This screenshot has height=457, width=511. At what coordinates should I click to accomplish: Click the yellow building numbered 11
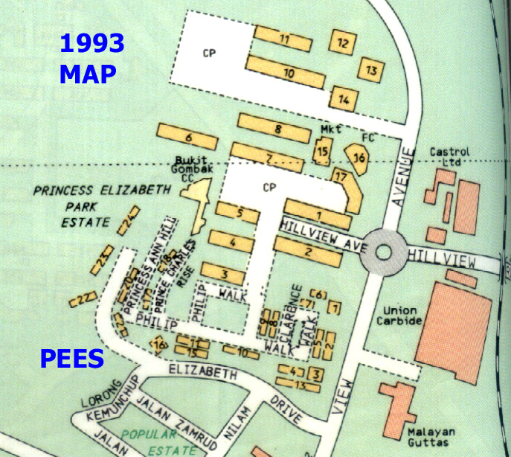click(285, 38)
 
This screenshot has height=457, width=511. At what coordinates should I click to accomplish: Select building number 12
click(342, 43)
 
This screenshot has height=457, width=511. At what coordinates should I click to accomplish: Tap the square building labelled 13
click(370, 69)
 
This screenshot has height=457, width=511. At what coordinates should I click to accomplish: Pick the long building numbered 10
click(287, 73)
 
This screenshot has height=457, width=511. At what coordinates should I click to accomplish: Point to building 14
click(344, 98)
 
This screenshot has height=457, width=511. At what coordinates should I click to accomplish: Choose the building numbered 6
click(189, 138)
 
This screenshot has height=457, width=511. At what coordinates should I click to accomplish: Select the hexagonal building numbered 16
click(359, 158)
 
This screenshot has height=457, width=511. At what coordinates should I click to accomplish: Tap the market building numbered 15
click(322, 153)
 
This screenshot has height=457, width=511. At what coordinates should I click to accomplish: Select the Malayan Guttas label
click(426, 436)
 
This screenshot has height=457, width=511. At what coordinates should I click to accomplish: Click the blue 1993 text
click(91, 43)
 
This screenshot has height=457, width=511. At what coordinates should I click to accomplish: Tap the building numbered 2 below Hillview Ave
click(308, 251)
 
